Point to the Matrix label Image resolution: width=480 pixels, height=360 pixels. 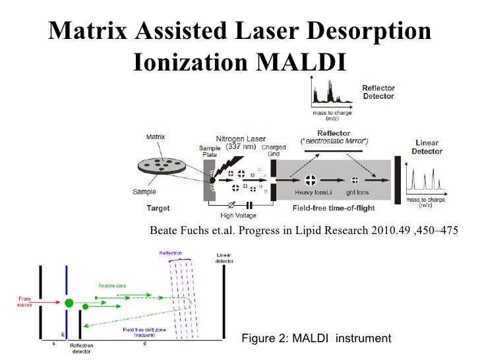pos(156,136)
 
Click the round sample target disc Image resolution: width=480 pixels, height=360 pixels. pos(167,167)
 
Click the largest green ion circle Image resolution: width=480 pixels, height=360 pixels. pos(69,303)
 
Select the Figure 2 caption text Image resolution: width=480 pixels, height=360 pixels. pos(316,338)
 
